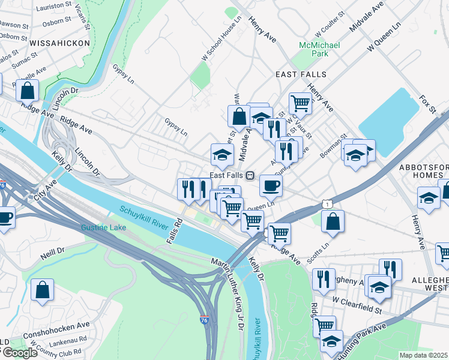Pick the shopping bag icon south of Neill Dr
(43, 290)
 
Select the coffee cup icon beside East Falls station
(271, 185)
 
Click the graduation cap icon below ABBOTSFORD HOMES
(429, 199)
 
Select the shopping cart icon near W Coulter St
(300, 103)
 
